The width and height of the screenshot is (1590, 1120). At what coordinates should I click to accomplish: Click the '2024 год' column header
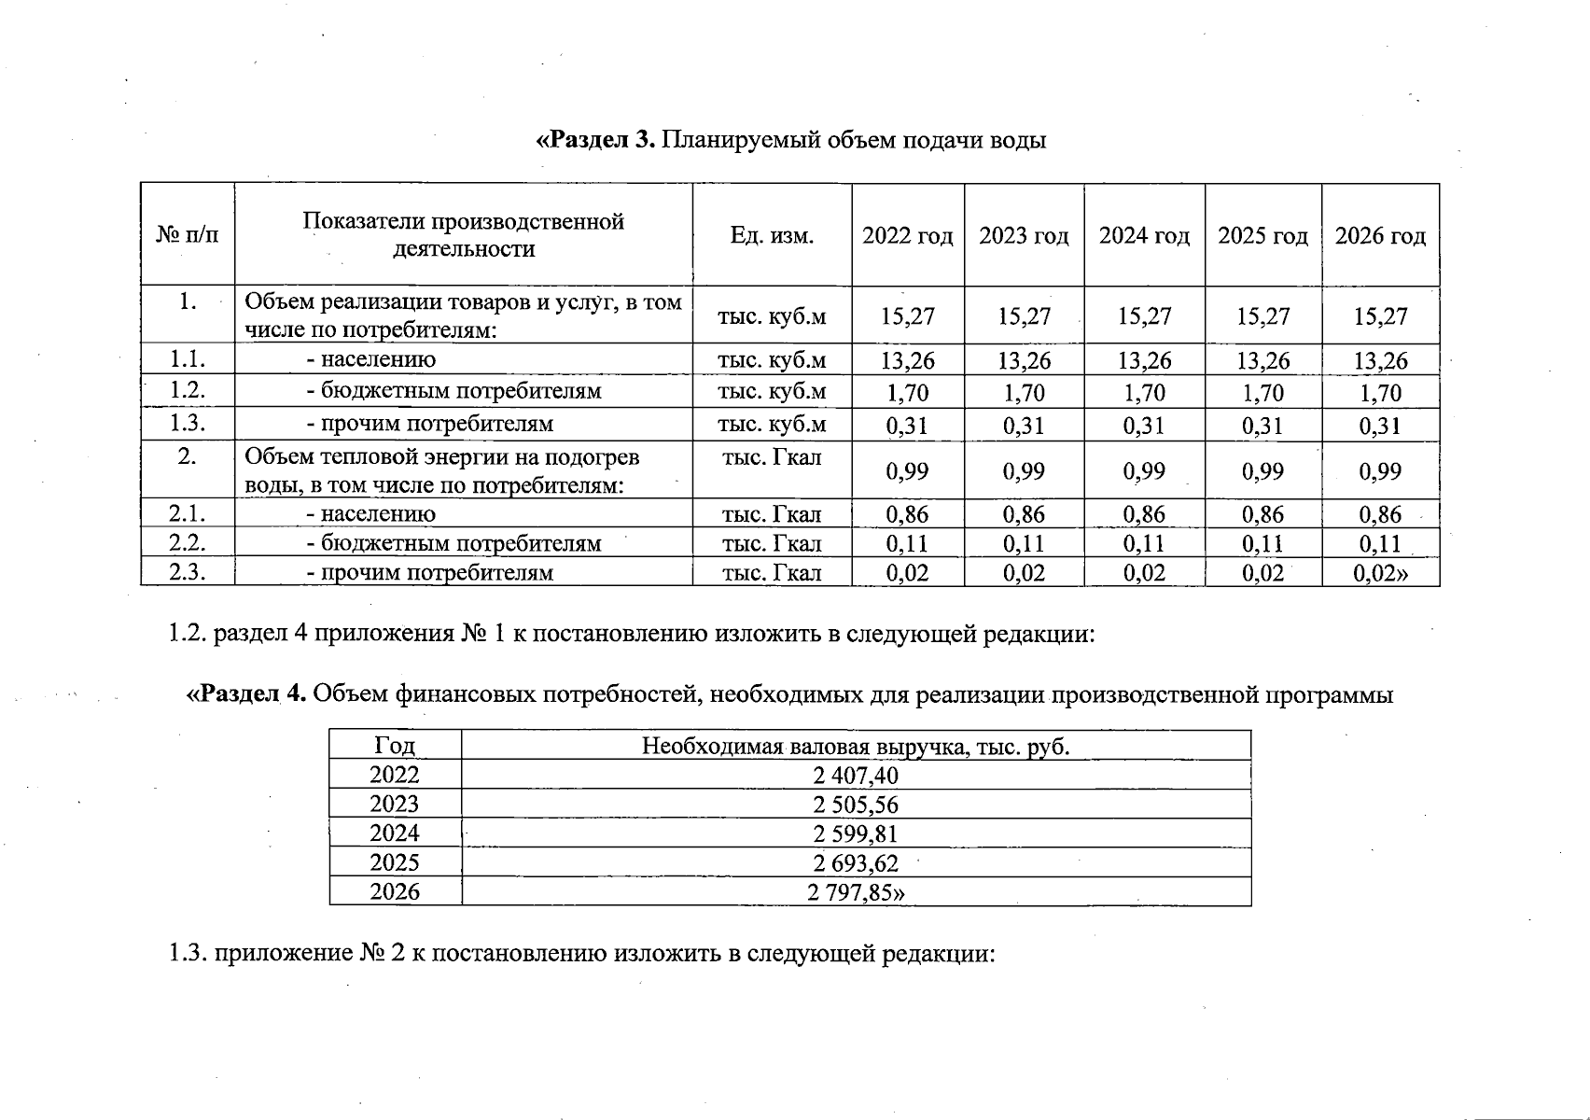[x=1144, y=236]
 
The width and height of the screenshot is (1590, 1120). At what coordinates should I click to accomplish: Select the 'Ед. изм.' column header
[x=772, y=236]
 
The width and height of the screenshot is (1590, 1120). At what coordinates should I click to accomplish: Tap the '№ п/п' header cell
[x=188, y=236]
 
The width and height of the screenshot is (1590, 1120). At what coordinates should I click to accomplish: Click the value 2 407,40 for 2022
[x=856, y=776]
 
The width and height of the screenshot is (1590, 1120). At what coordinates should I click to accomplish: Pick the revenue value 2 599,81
[x=856, y=833]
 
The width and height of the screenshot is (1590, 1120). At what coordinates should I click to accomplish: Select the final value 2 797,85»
[x=856, y=892]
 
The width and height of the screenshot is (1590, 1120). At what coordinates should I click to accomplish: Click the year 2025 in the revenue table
[x=395, y=862]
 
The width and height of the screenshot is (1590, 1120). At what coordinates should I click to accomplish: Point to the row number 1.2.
[x=188, y=391]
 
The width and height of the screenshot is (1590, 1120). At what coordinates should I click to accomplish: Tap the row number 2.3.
[x=188, y=572]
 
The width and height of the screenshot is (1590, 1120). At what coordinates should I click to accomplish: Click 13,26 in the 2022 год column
[x=908, y=360]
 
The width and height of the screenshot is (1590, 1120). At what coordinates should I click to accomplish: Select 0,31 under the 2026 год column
[x=1380, y=426]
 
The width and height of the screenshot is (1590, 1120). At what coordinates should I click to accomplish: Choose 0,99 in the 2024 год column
[x=1144, y=471]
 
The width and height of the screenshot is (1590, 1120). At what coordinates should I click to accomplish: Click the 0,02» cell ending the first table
[x=1380, y=573]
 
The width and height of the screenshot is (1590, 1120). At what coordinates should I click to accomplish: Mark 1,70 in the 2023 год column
[x=1024, y=393]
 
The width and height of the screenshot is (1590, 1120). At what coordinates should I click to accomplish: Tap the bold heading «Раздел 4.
[x=248, y=694]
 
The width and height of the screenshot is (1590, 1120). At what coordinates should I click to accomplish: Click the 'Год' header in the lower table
[x=395, y=746]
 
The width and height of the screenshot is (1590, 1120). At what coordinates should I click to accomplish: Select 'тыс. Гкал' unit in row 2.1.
[x=772, y=514]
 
